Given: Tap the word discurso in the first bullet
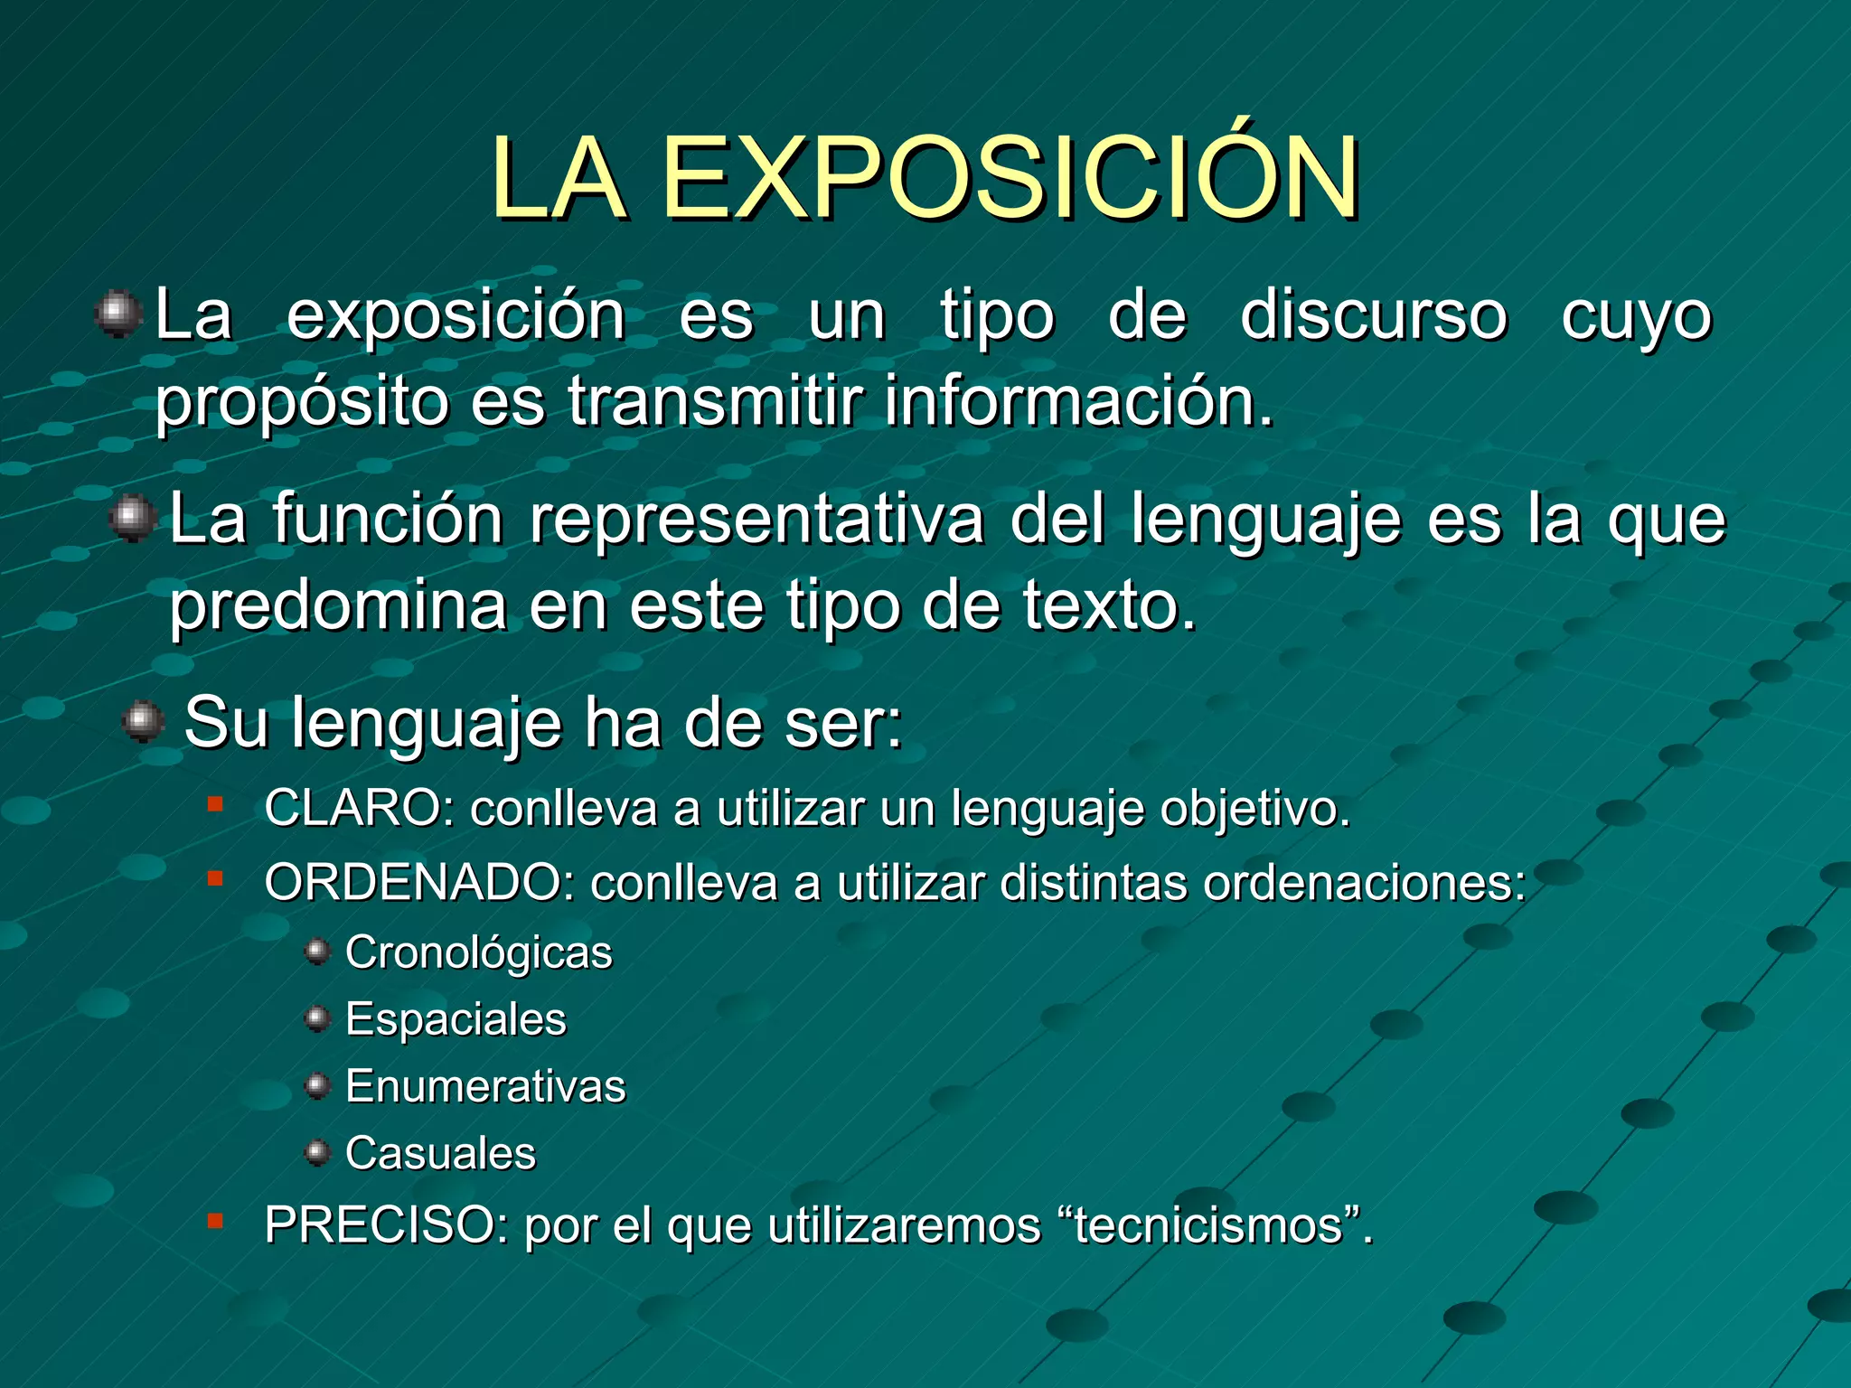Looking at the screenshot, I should (x=1374, y=316).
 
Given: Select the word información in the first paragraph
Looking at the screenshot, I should (x=1077, y=401).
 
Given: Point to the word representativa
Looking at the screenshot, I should (x=756, y=520).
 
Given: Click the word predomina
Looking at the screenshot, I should (x=338, y=605).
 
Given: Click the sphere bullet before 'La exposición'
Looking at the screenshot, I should (x=118, y=314).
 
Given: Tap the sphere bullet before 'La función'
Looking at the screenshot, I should (x=134, y=519).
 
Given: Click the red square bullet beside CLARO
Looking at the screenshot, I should (x=215, y=803).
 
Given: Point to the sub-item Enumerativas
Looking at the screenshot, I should (x=485, y=1086).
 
